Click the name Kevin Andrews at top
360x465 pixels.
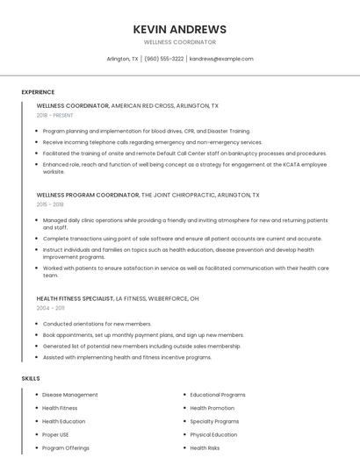coord(180,29)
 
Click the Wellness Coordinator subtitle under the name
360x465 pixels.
coord(180,42)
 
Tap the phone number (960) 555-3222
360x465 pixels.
coord(164,59)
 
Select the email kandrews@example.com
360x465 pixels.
coord(221,59)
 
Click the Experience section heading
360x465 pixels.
coord(38,92)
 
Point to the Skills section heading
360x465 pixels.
coord(31,378)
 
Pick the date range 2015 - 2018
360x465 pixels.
coord(50,204)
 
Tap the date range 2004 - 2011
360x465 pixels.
coord(50,308)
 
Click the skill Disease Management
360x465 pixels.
coord(70,395)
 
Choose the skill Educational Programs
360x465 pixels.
coord(218,395)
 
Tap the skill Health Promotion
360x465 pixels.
coord(212,408)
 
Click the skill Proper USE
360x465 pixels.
coord(55,434)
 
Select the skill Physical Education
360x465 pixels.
coord(213,434)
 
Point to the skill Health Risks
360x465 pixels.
coord(205,447)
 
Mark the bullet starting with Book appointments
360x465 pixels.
coord(143,335)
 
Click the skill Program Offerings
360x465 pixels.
coord(66,447)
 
